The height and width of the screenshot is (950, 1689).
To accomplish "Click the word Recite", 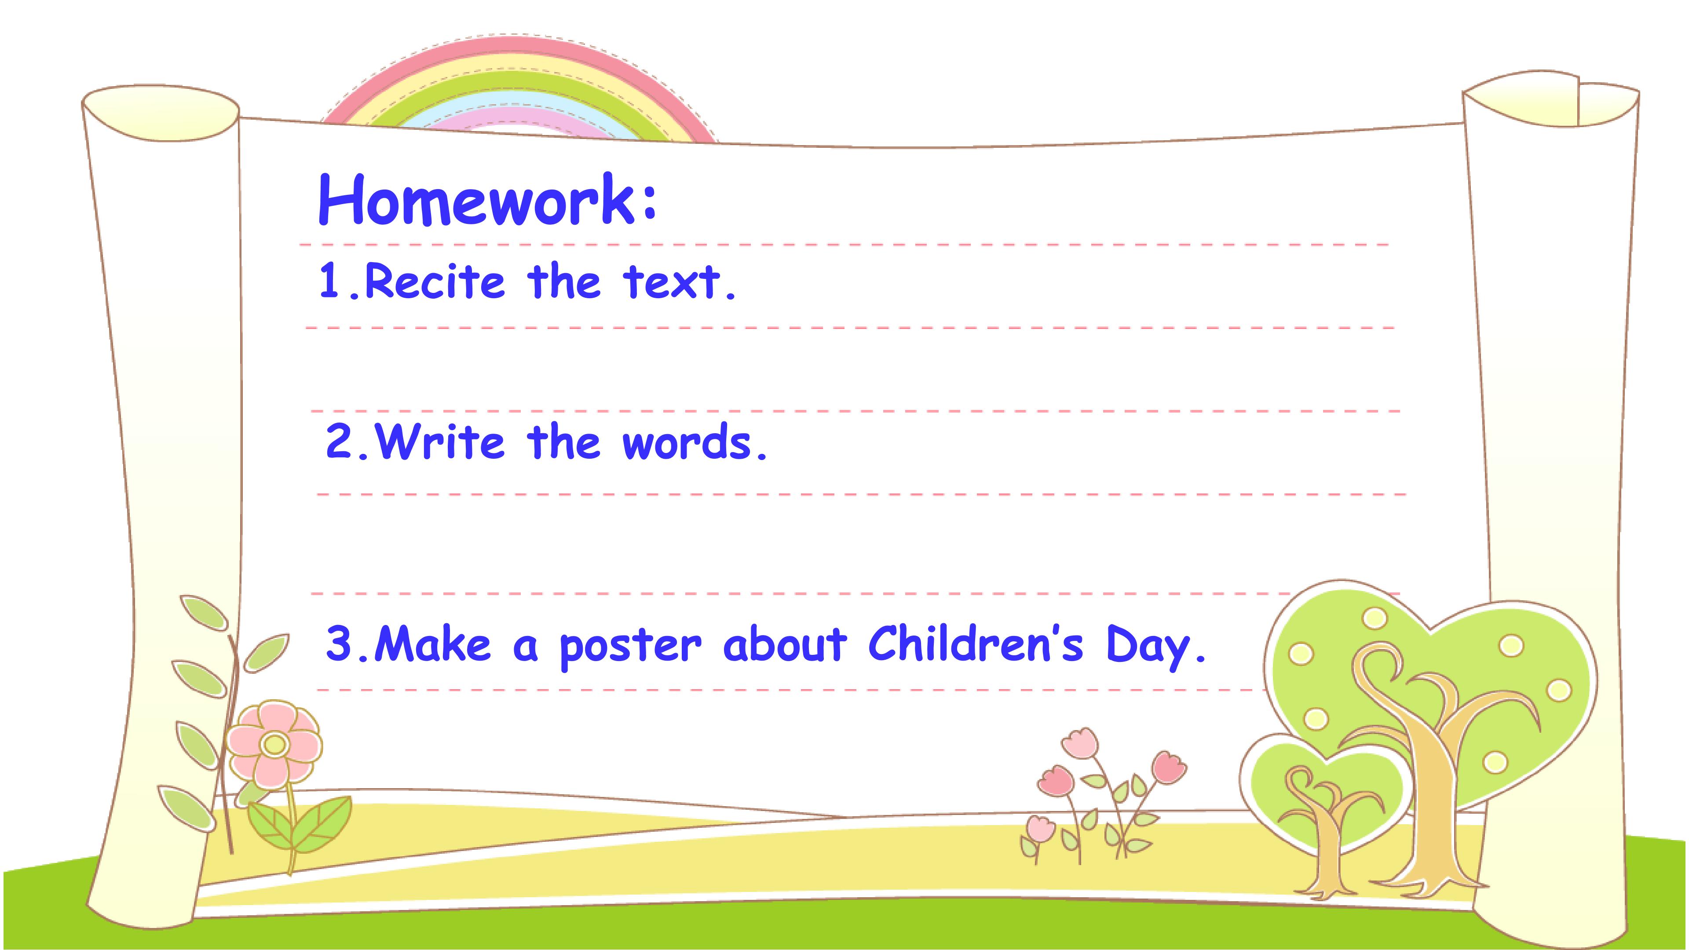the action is coord(435,281).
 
